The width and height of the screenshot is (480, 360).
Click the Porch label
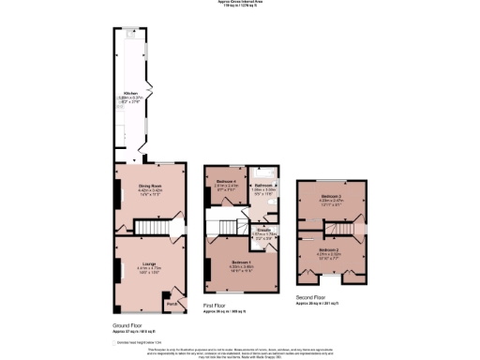171,303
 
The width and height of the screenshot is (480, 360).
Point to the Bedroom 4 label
224,180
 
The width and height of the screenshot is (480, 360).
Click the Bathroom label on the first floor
265,186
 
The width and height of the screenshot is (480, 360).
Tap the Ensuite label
264,229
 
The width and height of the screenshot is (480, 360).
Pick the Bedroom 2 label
327,250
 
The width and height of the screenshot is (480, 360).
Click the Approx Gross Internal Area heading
240,3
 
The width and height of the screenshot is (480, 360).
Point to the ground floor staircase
150,227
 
